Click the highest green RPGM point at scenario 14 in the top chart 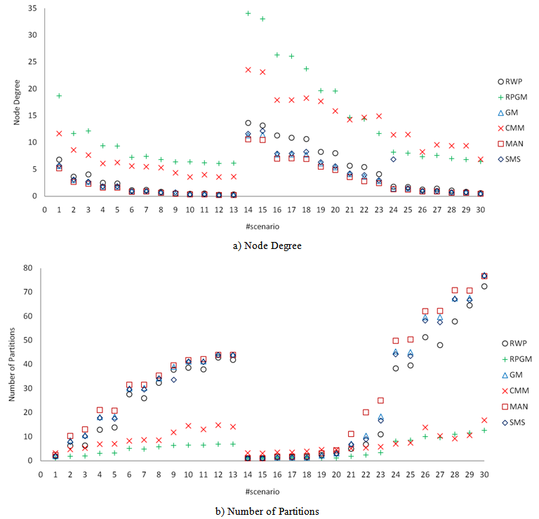[248, 13]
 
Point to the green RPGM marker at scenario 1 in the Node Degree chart [60, 95]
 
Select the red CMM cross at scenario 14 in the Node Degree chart [248, 69]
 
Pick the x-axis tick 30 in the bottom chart [484, 474]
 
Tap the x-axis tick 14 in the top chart [248, 209]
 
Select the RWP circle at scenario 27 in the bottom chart [440, 345]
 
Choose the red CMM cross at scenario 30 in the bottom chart [484, 420]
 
